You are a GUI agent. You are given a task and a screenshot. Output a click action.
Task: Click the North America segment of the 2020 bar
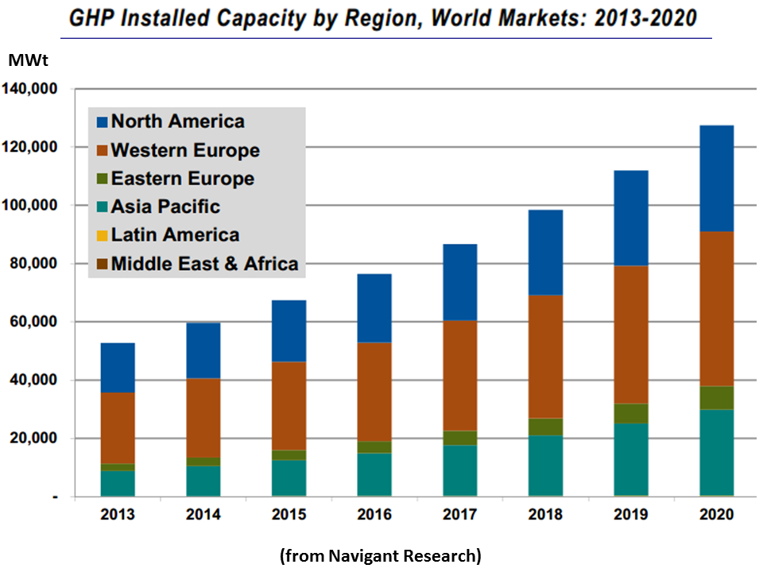coord(705,178)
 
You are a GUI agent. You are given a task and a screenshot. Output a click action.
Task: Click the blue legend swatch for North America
coord(101,122)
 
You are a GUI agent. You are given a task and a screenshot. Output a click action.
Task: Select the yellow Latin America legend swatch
coord(101,235)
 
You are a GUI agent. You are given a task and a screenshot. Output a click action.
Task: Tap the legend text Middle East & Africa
coord(205,264)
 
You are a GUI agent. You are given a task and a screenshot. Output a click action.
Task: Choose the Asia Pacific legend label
coord(165,207)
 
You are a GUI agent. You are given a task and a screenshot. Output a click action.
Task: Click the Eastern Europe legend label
coord(183,178)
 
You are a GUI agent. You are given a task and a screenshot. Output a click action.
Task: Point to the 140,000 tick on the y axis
coord(33,89)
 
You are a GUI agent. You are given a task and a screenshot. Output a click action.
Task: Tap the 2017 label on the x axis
coord(459,515)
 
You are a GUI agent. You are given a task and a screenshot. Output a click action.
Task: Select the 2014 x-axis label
coord(203,515)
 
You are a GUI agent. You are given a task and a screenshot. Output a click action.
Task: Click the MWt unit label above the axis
coord(24,60)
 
